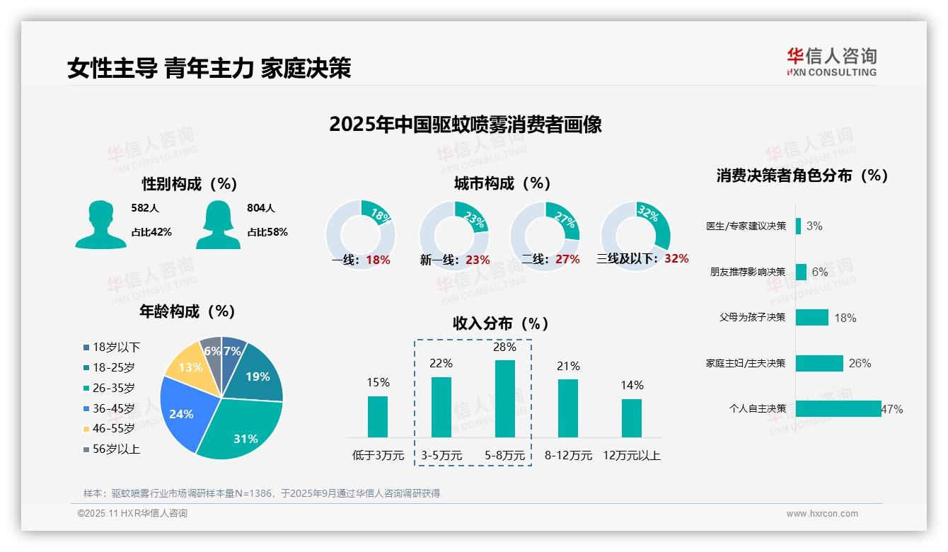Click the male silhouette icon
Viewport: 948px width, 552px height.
pos(100,225)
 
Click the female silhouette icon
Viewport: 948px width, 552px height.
pos(218,225)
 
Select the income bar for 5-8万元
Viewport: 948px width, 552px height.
pos(504,398)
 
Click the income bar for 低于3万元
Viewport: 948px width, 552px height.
pos(378,416)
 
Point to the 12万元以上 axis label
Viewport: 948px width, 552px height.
pos(631,456)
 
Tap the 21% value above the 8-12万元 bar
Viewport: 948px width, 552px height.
pos(568,366)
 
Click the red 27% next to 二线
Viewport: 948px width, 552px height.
pos(567,260)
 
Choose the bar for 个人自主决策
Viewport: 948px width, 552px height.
pos(838,408)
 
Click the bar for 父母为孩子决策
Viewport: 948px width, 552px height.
pos(811,318)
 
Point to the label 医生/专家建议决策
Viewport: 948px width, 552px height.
pos(746,226)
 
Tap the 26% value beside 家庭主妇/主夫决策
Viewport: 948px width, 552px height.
pos(860,363)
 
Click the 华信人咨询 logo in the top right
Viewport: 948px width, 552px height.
pos(831,62)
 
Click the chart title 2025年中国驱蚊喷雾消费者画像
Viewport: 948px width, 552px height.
pos(466,125)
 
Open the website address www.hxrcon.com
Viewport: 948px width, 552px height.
pos(821,514)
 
